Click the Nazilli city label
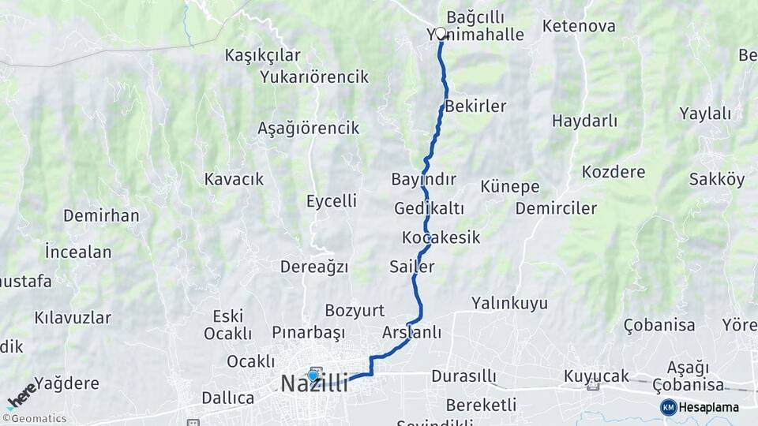pos(314,384)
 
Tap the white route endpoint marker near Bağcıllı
pos(441,33)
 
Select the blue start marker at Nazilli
pos(313,376)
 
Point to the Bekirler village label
pos(475,106)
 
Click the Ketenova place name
pos(579,26)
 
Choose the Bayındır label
pos(423,179)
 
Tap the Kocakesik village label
pos(441,237)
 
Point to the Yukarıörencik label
pos(314,77)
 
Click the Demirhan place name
pos(101,215)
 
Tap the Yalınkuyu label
pos(509,303)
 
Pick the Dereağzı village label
pos(314,267)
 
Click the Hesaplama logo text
pos(708,407)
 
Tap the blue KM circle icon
pos(669,407)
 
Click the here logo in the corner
pos(21,396)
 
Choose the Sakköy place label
pos(717,179)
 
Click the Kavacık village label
pos(234,179)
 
